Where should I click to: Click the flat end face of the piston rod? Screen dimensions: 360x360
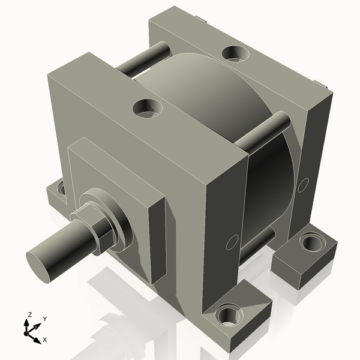click(x=40, y=264)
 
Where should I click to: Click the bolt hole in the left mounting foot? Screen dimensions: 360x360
click(x=61, y=189)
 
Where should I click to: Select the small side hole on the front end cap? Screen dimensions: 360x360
click(x=230, y=243)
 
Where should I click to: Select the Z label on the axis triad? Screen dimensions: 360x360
click(x=29, y=314)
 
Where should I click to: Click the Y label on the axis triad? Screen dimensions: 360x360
click(x=45, y=319)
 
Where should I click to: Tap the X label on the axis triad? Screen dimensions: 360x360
click(x=44, y=340)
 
